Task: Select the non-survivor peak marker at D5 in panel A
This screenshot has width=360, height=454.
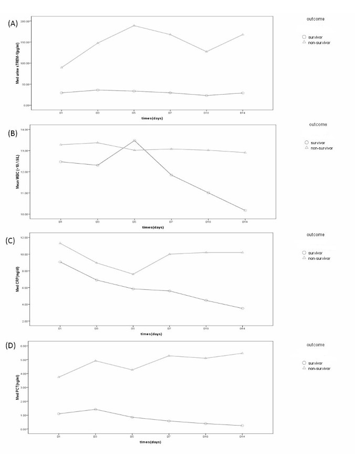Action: click(134, 25)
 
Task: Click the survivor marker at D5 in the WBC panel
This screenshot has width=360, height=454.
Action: click(134, 140)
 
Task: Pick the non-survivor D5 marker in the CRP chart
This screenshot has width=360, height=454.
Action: click(133, 274)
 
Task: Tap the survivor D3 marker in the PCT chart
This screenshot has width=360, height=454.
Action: click(97, 409)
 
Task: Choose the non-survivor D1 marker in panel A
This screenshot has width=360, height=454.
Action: click(61, 67)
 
